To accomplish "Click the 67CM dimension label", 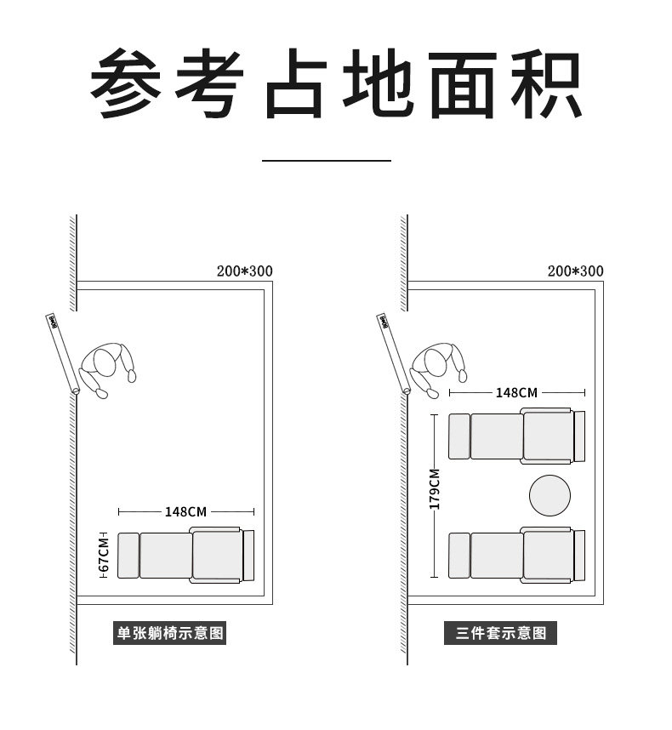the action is pyautogui.click(x=104, y=554).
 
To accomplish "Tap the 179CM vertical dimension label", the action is pyautogui.click(x=435, y=488).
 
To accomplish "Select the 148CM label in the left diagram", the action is pyautogui.click(x=186, y=511).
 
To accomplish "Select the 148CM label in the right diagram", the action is pyautogui.click(x=517, y=392).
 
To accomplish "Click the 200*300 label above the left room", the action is pyautogui.click(x=244, y=271).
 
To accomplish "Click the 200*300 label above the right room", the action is pyautogui.click(x=575, y=271).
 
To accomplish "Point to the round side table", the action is pyautogui.click(x=550, y=495).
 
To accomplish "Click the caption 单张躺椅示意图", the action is pyautogui.click(x=170, y=633).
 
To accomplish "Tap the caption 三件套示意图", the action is pyautogui.click(x=501, y=633).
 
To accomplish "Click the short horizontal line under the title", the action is pyautogui.click(x=326, y=159).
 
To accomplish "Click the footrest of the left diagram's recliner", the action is pyautogui.click(x=128, y=556).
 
